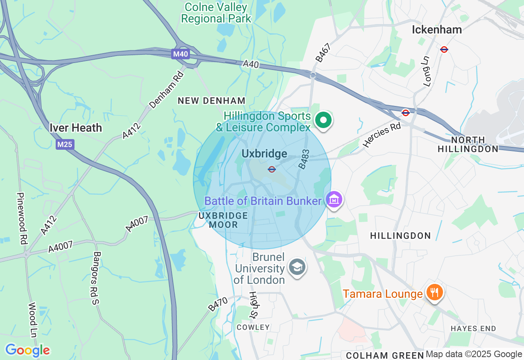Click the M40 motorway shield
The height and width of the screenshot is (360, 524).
click(180, 54)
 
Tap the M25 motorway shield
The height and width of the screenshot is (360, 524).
click(65, 144)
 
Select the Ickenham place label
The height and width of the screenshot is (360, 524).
click(437, 29)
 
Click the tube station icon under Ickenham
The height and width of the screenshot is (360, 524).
click(444, 49)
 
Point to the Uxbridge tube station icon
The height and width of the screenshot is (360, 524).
click(271, 169)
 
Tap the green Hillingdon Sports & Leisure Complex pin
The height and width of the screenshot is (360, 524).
click(323, 121)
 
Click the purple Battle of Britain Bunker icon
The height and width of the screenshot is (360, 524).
click(334, 200)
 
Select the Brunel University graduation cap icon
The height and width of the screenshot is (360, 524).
click(297, 267)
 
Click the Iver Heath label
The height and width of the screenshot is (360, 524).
click(76, 128)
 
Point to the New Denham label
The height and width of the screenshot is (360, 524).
click(211, 101)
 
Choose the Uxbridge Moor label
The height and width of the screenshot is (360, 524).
click(224, 220)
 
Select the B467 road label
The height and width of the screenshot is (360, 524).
click(323, 53)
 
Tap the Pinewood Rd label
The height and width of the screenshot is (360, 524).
click(21, 218)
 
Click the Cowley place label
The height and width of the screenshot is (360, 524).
click(253, 327)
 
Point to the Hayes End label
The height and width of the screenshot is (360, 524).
click(473, 328)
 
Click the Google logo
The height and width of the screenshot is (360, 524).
click(27, 350)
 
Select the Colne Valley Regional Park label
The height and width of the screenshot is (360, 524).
click(216, 13)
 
